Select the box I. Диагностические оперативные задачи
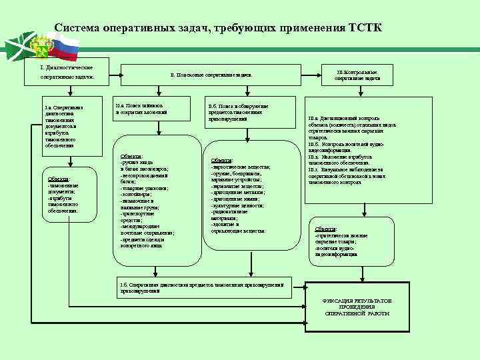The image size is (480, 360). pos(67,74)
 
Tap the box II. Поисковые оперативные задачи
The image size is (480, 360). pos(211,75)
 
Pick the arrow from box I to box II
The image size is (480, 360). pos(107,75)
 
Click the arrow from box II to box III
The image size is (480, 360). pos(313,75)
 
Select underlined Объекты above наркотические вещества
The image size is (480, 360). pos(222,161)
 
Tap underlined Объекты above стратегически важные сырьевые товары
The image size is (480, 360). pos(326,229)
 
